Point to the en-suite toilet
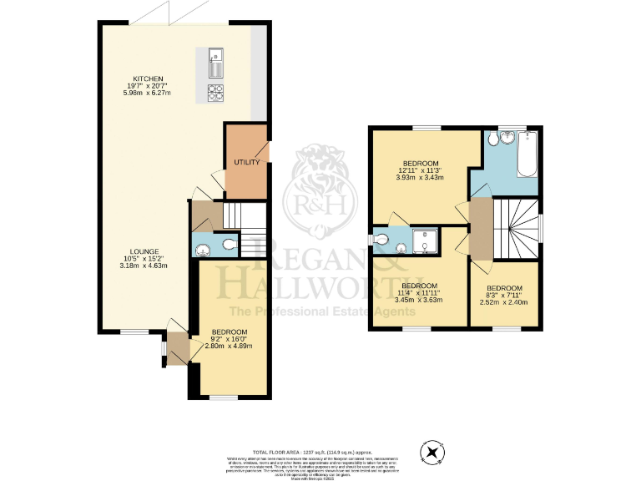click(381, 239)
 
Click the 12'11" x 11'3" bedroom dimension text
click(421, 170)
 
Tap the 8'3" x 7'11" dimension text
click(503, 294)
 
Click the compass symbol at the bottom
click(432, 453)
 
